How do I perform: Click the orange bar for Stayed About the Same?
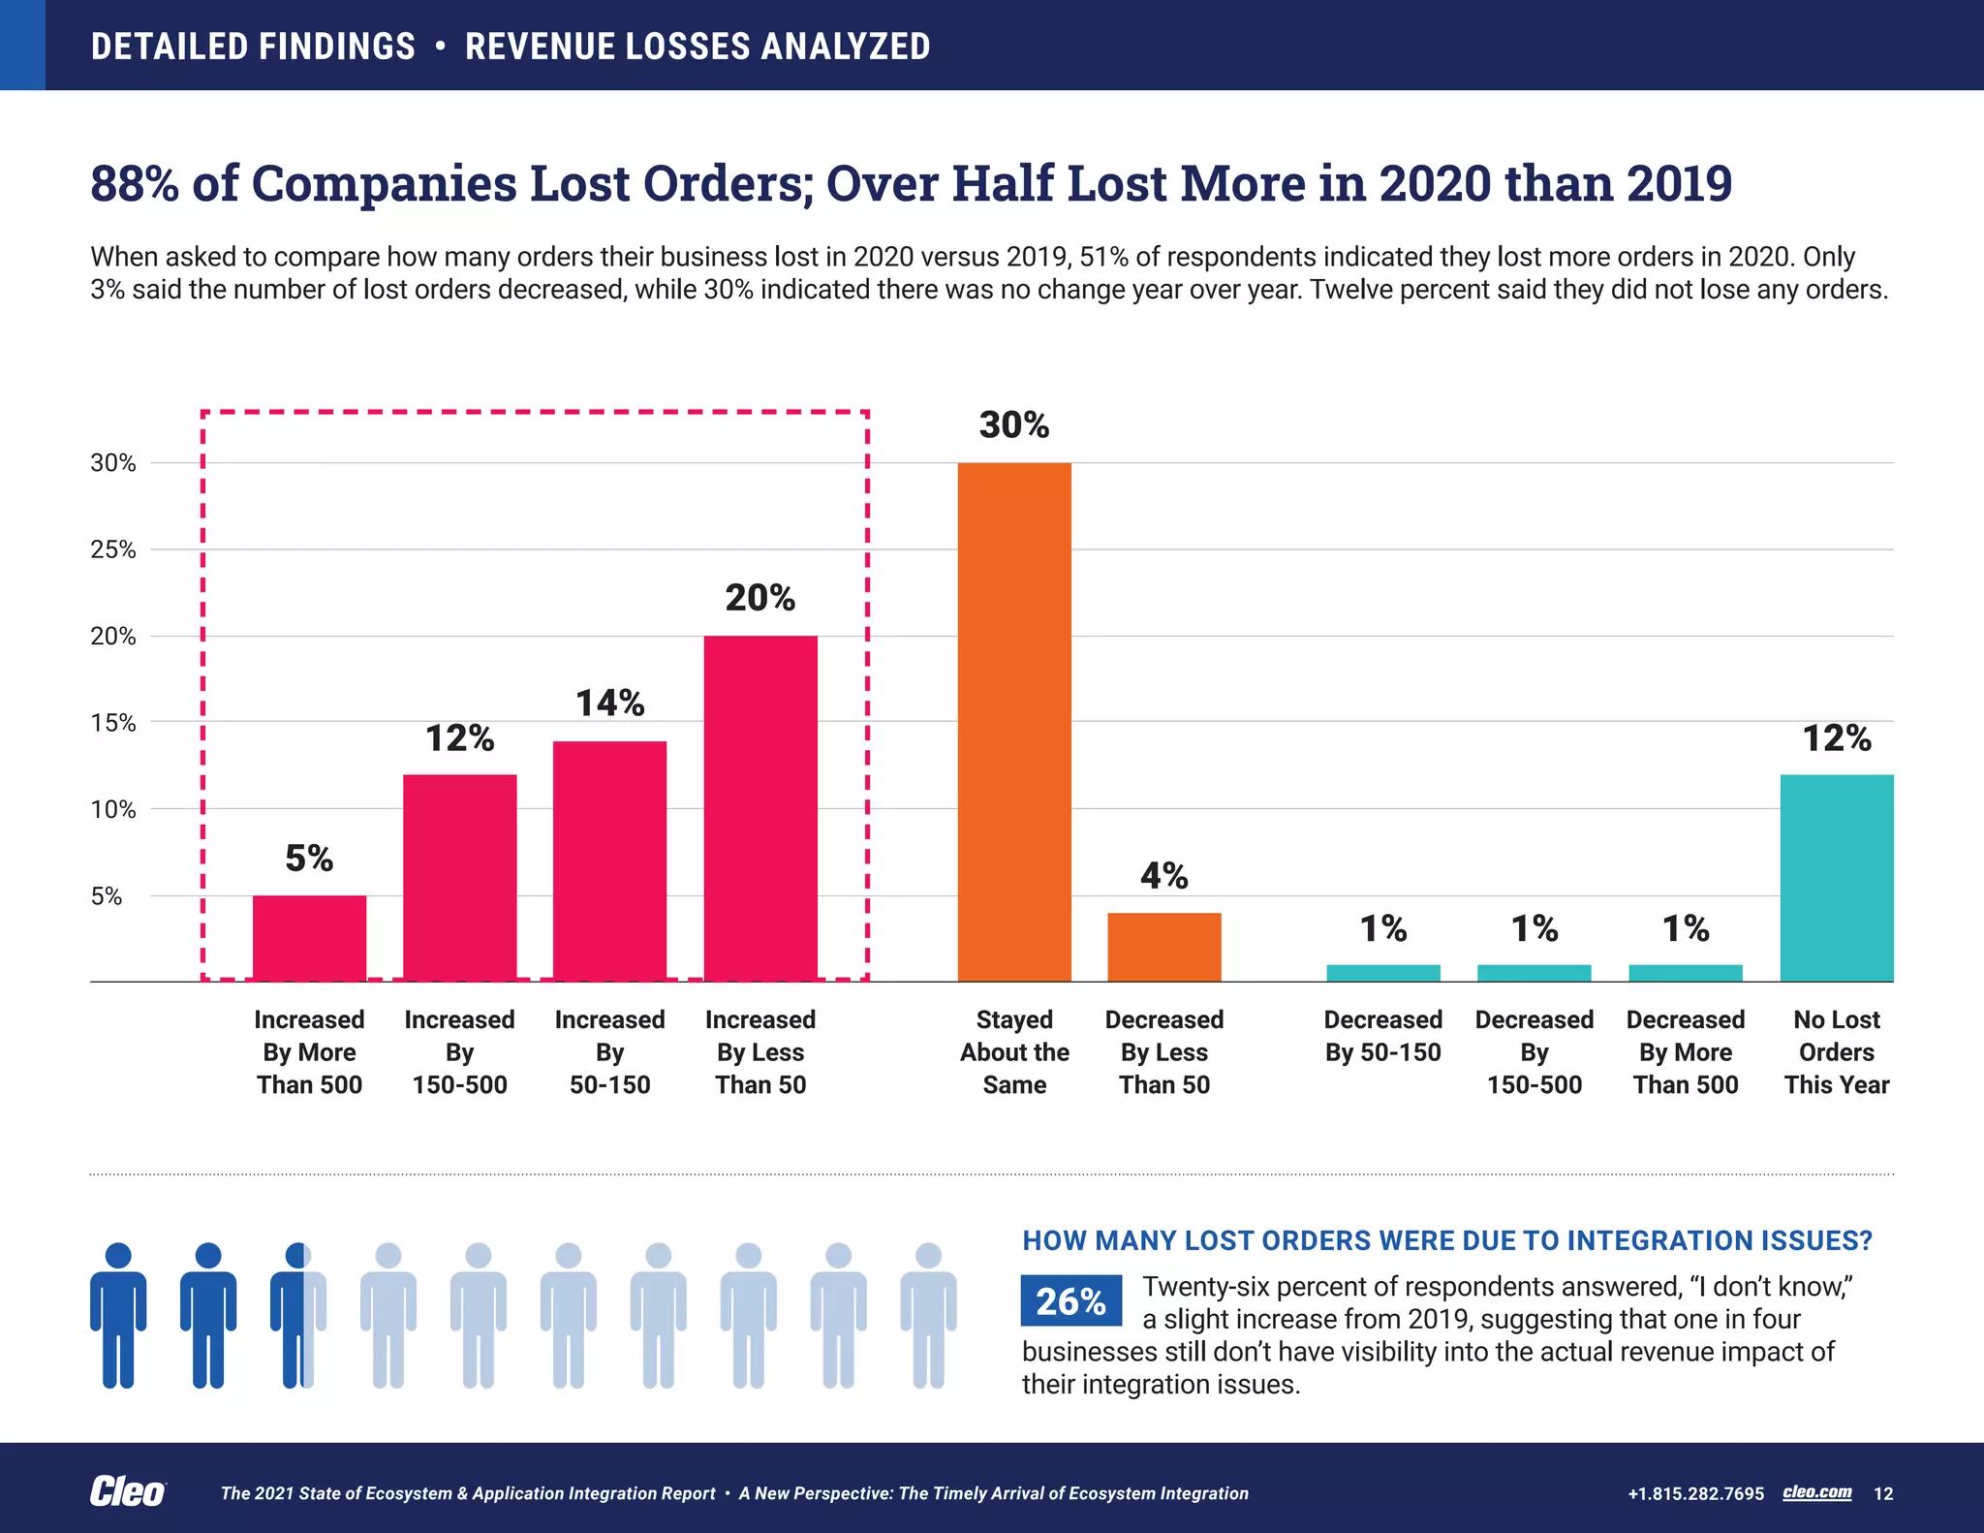coord(1014,722)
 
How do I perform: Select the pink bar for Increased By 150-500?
coord(459,878)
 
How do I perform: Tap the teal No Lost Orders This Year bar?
coord(1836,878)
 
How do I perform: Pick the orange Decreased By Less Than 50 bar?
coord(1164,947)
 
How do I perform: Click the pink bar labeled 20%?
coord(760,808)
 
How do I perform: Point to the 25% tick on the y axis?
coord(113,550)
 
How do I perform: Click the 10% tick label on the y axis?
coord(113,810)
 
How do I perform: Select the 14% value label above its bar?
coord(609,704)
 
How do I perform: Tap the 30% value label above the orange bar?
coord(1014,425)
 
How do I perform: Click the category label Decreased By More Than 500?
coord(1686,1052)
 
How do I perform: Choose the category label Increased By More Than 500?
coord(309,1052)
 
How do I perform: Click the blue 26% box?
coord(1070,1300)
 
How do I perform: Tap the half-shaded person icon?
coord(298,1315)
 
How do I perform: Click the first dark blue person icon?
coord(118,1315)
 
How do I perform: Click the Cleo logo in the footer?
coord(127,1492)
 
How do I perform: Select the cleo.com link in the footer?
coord(1816,1492)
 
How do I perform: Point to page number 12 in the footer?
coord(1883,1493)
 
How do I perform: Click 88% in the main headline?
coord(134,183)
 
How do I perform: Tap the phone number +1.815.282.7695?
coord(1695,1493)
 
